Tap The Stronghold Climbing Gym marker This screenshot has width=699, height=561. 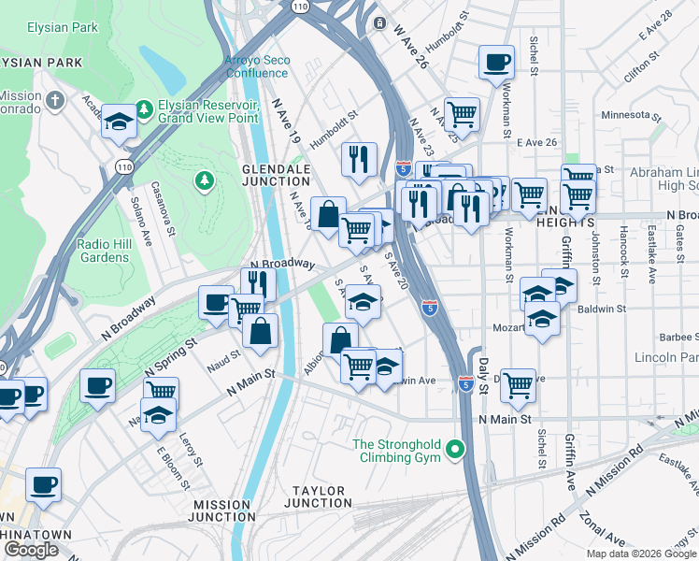pyautogui.click(x=455, y=450)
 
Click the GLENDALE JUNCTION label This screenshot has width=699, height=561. pyautogui.click(x=276, y=174)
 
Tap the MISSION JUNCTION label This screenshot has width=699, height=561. pyautogui.click(x=222, y=511)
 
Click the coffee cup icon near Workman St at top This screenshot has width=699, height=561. pyautogui.click(x=496, y=62)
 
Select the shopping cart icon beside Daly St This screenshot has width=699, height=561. pyautogui.click(x=517, y=383)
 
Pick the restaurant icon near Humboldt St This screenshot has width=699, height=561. pyautogui.click(x=358, y=158)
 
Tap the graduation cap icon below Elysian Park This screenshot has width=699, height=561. pyautogui.click(x=120, y=121)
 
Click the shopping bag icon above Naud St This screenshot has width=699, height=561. pyautogui.click(x=261, y=329)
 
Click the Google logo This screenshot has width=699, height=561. pyautogui.click(x=31, y=550)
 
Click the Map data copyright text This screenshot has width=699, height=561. pyautogui.click(x=640, y=554)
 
